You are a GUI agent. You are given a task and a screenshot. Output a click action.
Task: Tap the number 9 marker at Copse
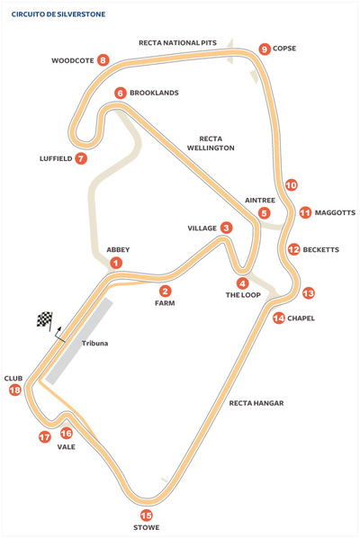(x=264, y=49)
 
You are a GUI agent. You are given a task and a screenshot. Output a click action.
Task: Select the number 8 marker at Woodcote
(x=103, y=60)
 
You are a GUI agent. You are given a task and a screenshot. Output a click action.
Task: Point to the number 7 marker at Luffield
(x=81, y=158)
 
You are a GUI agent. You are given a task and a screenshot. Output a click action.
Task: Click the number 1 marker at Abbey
(x=116, y=263)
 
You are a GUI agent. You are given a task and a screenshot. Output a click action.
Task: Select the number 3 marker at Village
(x=226, y=228)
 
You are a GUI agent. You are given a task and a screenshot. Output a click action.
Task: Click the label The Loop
(x=242, y=294)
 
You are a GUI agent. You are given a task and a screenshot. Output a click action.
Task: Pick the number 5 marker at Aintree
(x=264, y=213)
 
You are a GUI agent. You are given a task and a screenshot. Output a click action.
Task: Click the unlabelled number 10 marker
(x=291, y=184)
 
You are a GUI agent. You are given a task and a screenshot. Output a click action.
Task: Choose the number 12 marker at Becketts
(x=293, y=249)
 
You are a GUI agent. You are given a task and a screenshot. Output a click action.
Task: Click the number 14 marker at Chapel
(x=279, y=318)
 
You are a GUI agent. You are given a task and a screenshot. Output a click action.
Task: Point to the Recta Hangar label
(x=256, y=403)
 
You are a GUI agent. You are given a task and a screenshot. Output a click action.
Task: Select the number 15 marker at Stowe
(x=147, y=515)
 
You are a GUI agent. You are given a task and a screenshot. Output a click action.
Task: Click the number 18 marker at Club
(x=14, y=390)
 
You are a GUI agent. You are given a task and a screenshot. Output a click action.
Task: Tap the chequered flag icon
(x=45, y=319)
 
